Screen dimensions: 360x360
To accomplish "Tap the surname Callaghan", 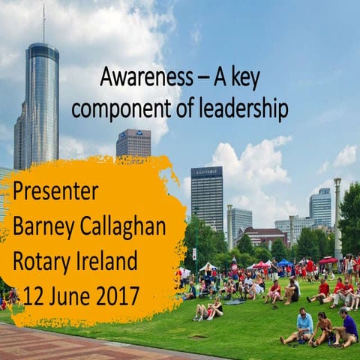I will click(127, 226).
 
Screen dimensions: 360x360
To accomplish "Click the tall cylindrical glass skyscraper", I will click(41, 105).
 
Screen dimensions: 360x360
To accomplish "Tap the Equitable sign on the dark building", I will click(205, 172).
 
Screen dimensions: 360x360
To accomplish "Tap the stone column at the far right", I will click(338, 217).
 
